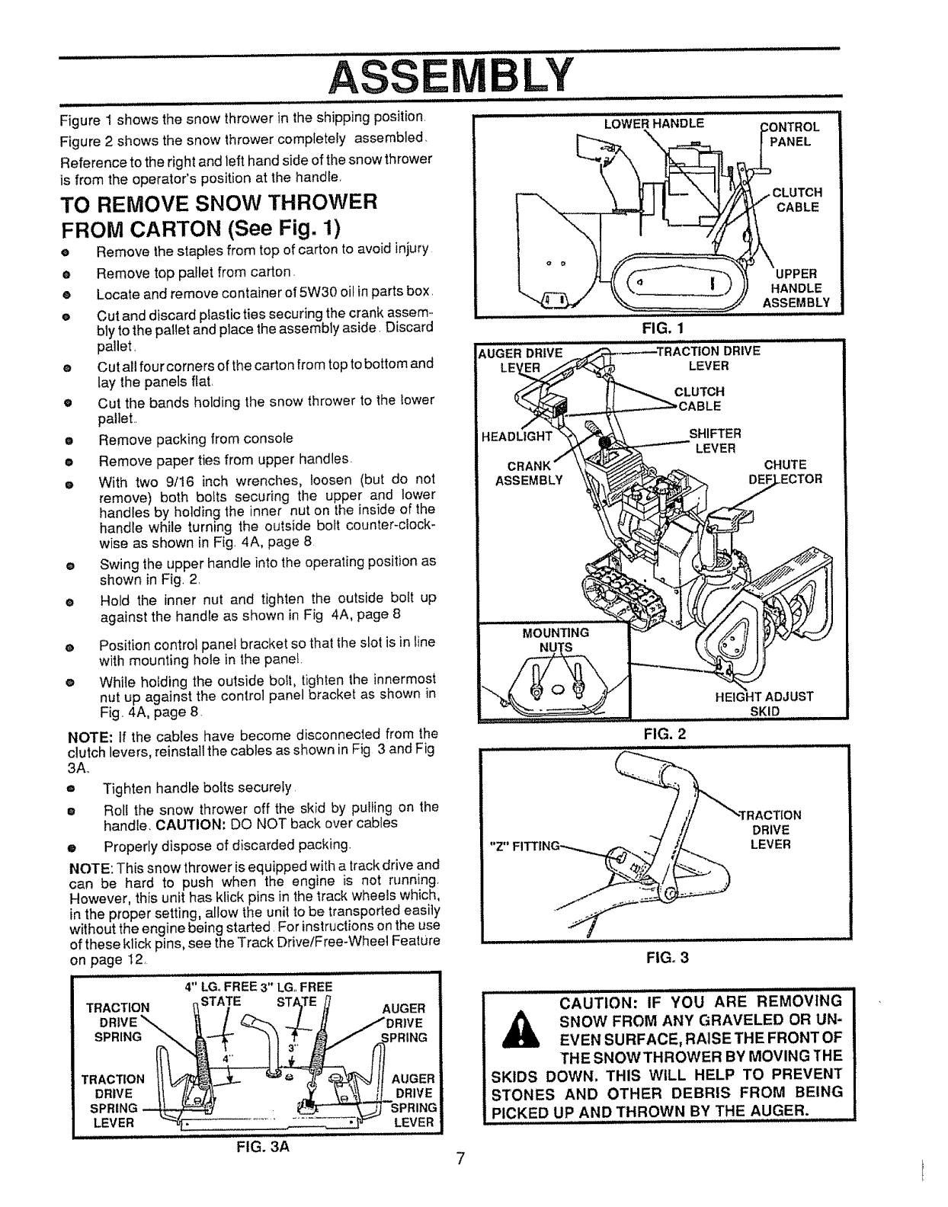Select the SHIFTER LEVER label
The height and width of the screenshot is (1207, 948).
tap(714, 440)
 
